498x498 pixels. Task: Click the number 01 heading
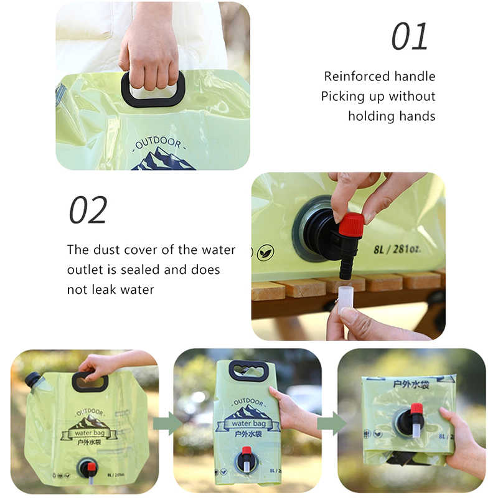tap(410, 37)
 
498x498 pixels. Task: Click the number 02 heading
tap(88, 210)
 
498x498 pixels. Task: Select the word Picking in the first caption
tap(342, 97)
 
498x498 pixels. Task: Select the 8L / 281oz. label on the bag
tap(397, 250)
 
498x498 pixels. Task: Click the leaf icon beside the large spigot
tap(265, 253)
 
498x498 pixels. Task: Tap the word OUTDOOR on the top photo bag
tap(158, 143)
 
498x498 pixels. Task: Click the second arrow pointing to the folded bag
tap(332, 423)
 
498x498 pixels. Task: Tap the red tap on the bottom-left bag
tap(92, 467)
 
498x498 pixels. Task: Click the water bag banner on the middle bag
tap(248, 423)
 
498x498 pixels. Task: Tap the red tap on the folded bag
tap(416, 410)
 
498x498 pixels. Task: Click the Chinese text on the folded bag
tap(411, 385)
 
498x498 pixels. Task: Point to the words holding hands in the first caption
tap(392, 116)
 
